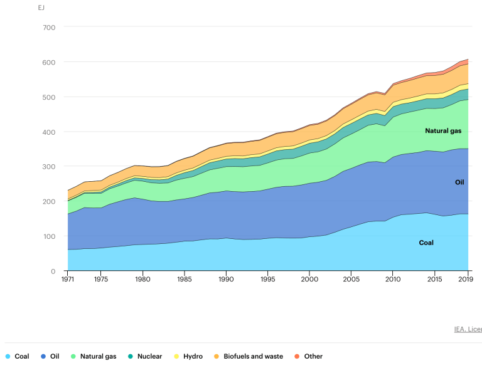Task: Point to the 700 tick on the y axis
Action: [x=50, y=28]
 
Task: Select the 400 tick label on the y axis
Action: [x=50, y=132]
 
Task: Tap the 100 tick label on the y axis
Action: [x=50, y=236]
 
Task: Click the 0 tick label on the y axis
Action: [x=53, y=271]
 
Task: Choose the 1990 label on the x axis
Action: [x=226, y=280]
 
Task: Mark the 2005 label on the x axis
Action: [x=351, y=280]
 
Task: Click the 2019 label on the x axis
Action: [x=466, y=280]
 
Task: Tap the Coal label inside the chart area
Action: [x=426, y=243]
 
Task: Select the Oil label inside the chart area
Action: [x=459, y=182]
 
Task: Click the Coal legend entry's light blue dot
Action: [x=8, y=357]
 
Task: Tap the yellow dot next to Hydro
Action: [x=177, y=357]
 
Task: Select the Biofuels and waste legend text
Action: [x=253, y=357]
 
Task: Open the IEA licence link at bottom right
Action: [x=468, y=329]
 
